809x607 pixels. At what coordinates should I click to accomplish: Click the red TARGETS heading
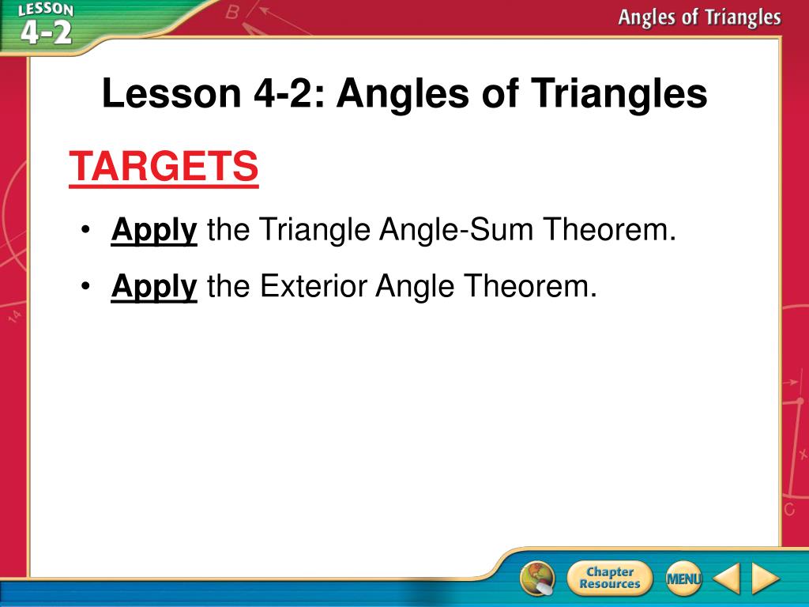click(x=164, y=166)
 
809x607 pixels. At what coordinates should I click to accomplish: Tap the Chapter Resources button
click(x=609, y=578)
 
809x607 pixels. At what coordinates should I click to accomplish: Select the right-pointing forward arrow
click(x=765, y=578)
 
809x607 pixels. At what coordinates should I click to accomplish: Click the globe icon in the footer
click(x=537, y=578)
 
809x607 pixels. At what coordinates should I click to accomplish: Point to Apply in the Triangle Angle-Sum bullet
click(x=154, y=230)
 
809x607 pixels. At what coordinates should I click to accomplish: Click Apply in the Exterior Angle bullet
click(x=154, y=286)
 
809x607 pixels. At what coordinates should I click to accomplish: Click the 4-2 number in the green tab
click(x=47, y=33)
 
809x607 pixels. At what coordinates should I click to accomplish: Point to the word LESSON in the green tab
click(x=45, y=9)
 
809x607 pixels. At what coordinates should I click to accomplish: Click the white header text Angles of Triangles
click(x=700, y=17)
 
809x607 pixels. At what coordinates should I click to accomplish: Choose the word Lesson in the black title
click(x=171, y=93)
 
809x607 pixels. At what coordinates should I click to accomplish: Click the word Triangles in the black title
click(x=619, y=94)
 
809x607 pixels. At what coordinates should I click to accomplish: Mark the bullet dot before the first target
click(x=85, y=230)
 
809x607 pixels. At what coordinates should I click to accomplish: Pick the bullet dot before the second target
click(x=85, y=286)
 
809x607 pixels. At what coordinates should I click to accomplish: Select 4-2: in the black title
click(x=289, y=93)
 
